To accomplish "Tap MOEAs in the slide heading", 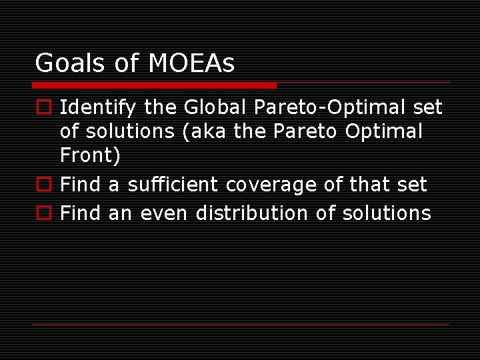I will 191,64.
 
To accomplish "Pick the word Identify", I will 98,108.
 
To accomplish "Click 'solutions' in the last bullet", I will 387,213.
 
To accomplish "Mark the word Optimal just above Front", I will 383,132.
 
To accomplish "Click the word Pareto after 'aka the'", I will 306,132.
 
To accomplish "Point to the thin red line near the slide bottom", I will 240,324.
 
